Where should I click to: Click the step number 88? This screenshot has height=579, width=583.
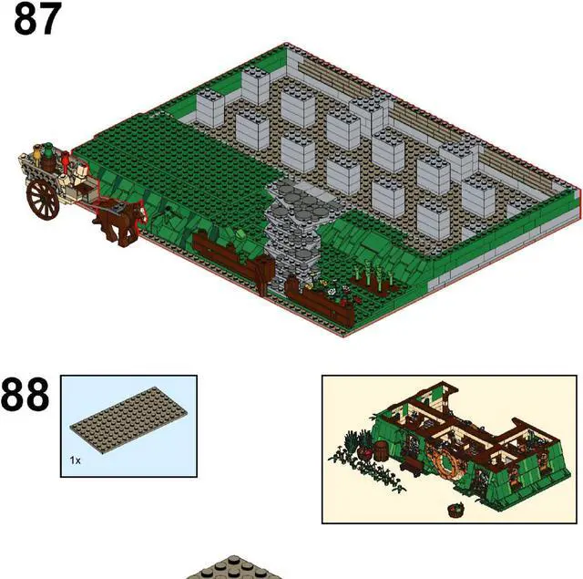[25, 396]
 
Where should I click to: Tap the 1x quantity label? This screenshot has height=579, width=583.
[76, 460]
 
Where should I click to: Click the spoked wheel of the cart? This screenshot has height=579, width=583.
[43, 199]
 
